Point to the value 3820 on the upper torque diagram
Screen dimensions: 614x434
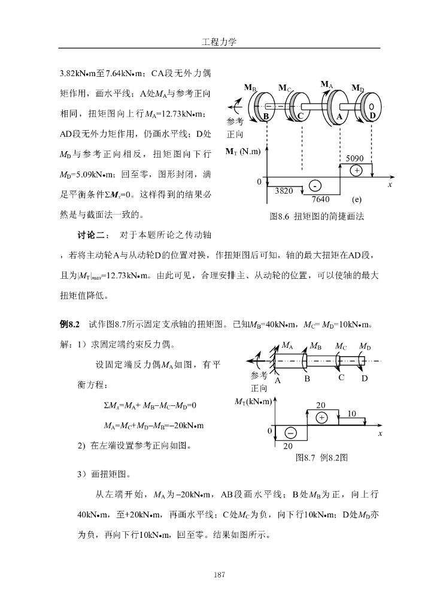[x=283, y=191]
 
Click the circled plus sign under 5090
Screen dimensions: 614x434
[x=357, y=170]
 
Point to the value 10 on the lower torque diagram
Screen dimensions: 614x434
[x=352, y=413]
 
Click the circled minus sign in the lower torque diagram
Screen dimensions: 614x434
[x=290, y=432]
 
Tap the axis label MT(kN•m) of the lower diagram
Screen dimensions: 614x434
[x=254, y=401]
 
